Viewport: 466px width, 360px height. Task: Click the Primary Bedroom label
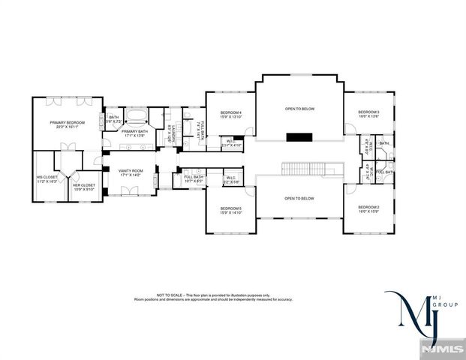[x=67, y=122]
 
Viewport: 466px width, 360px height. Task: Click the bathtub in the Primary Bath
[x=136, y=116]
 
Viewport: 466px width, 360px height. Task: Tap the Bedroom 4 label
[x=230, y=112]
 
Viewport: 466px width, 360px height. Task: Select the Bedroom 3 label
[x=368, y=112]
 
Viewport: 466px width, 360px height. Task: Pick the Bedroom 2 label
[x=368, y=207]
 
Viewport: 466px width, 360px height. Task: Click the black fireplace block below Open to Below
[x=299, y=136]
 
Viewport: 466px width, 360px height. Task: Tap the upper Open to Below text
[x=299, y=109]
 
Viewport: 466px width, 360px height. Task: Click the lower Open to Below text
[x=299, y=198]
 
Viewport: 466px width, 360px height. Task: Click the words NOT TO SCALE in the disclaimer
[x=168, y=295]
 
